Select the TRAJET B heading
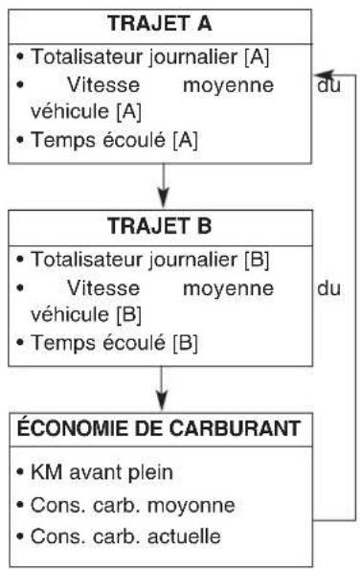click(x=162, y=231)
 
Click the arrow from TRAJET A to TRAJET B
click(x=164, y=186)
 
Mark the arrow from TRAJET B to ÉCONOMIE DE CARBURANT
click(x=164, y=391)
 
